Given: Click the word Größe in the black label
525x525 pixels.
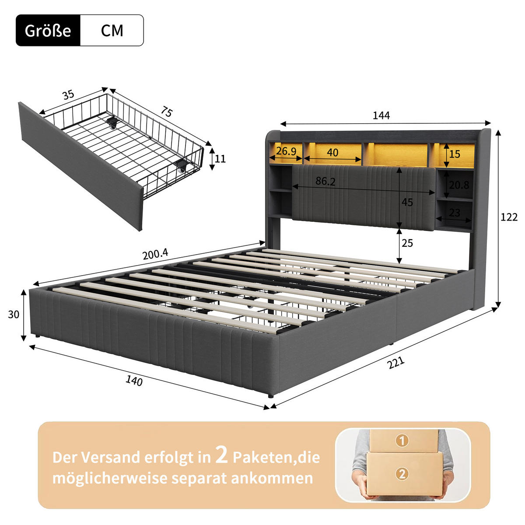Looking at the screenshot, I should tap(48, 31).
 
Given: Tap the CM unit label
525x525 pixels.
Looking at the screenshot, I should tap(112, 31).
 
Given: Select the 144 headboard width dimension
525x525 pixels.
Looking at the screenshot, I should tap(381, 115).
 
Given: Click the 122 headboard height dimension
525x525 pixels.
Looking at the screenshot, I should tap(509, 217).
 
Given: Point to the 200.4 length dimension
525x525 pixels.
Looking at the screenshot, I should tap(155, 254).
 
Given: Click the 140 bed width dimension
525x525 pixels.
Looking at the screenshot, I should tap(134, 381).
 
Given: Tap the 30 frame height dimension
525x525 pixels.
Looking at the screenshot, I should tap(14, 314).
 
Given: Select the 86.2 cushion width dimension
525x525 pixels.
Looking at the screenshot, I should tap(325, 181).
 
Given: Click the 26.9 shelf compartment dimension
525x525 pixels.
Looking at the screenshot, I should tap(286, 151).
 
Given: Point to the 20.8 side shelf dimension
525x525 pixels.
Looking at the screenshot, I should tap(458, 185).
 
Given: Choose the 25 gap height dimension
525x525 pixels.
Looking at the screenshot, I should tap(407, 243).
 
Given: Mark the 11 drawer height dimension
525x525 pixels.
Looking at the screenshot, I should tap(220, 158).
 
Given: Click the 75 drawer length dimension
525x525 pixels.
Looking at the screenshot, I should tap(166, 112).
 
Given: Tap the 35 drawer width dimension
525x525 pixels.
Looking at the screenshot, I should tap(68, 95).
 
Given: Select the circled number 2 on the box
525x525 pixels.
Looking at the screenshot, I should tap(402, 473).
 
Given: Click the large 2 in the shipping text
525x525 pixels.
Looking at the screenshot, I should tap(222, 456).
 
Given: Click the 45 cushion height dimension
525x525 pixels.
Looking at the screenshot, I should tap(407, 203).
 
